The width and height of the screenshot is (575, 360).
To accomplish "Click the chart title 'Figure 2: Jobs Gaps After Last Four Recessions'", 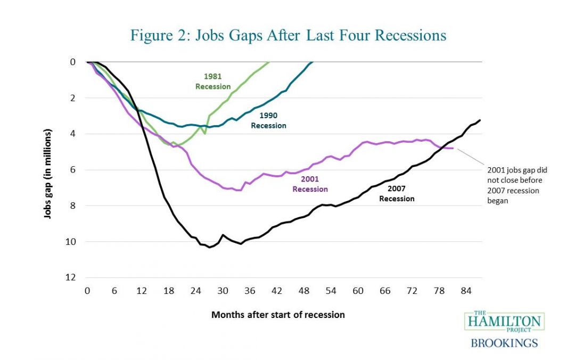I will [x=288, y=36].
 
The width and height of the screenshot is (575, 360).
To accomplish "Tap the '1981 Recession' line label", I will [x=213, y=81].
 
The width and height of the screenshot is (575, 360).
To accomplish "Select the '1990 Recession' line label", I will [x=268, y=120].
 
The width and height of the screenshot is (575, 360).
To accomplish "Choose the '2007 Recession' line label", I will [x=397, y=194].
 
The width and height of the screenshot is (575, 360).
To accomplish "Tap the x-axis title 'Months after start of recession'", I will [x=278, y=315].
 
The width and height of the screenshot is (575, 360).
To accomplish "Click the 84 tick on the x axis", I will [x=467, y=291].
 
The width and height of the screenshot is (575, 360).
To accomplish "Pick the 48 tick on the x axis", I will [x=304, y=291].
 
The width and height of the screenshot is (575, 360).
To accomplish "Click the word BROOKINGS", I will [x=504, y=342].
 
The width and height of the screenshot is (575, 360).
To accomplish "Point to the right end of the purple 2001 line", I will [x=453, y=148].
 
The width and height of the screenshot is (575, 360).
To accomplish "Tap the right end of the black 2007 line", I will [x=480, y=120].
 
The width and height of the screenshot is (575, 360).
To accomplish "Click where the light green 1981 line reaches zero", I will [x=269, y=62].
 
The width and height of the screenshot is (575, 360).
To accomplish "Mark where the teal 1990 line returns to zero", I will [x=313, y=62].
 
